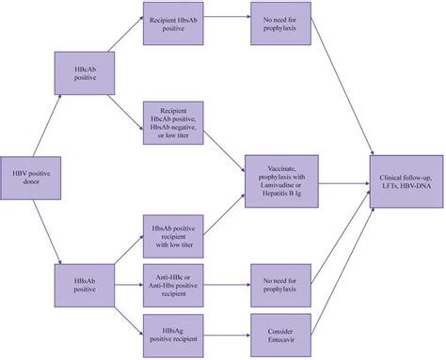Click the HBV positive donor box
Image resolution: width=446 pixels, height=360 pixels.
click(28, 177)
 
